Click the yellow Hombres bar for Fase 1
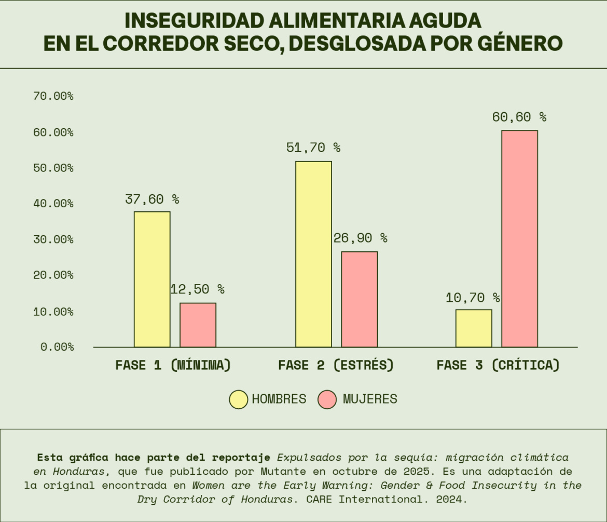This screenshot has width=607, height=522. (152, 279)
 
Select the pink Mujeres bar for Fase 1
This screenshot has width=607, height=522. (198, 325)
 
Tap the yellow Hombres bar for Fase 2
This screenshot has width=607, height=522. (313, 254)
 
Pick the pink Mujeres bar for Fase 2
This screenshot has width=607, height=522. (359, 299)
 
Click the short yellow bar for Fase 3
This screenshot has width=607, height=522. (474, 328)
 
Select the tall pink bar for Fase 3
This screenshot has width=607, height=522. (519, 238)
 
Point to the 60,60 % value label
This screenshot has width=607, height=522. (519, 117)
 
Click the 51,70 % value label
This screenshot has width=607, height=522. (313, 148)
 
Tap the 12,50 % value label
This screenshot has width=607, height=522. (198, 289)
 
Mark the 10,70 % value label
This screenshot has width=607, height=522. (473, 298)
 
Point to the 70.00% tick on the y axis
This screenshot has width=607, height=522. (53, 96)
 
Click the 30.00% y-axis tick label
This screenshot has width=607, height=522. (53, 239)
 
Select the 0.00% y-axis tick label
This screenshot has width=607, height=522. (57, 346)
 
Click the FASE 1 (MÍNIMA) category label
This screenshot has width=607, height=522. (173, 365)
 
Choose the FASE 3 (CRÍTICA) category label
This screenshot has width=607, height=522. (498, 365)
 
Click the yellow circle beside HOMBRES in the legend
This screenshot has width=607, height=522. (239, 399)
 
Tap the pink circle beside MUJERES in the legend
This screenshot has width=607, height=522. (329, 399)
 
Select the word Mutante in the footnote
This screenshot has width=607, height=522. (281, 472)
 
